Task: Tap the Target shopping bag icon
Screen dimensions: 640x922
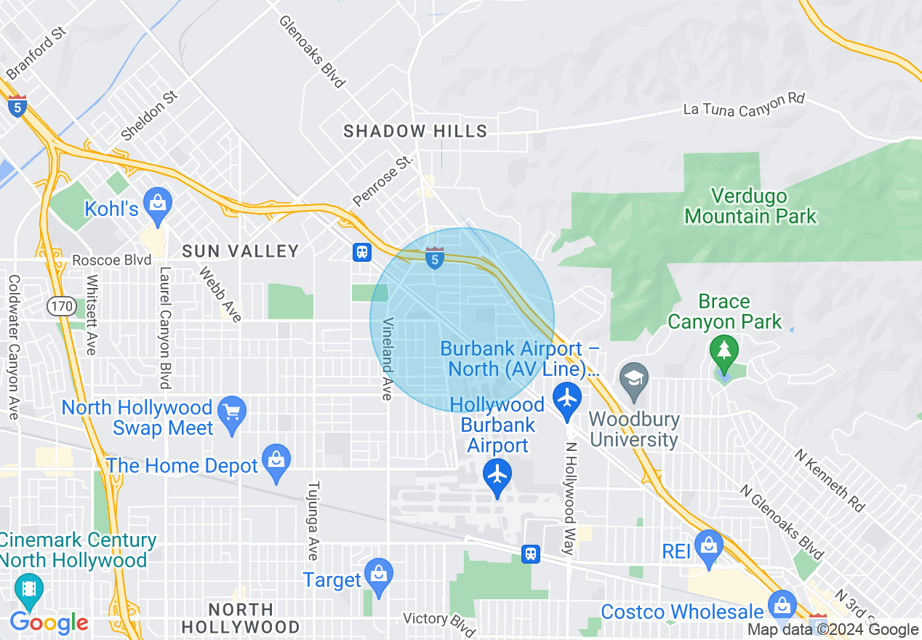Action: click(378, 572)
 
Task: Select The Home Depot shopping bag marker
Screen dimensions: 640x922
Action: click(276, 460)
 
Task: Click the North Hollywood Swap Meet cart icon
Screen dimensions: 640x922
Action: click(232, 412)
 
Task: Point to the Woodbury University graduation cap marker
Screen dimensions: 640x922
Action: click(634, 379)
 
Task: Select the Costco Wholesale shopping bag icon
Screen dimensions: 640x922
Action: click(782, 604)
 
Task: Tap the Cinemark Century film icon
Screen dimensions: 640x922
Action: click(28, 589)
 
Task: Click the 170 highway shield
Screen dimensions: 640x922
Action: click(61, 307)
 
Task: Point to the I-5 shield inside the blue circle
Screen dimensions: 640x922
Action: click(435, 257)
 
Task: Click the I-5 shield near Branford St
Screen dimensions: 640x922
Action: click(17, 106)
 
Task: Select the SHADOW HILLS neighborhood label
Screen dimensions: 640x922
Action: click(415, 131)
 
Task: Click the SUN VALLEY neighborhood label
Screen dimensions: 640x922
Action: click(240, 251)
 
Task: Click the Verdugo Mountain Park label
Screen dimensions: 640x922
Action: click(750, 206)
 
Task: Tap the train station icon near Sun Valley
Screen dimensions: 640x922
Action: click(361, 252)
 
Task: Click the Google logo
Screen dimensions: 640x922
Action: click(49, 623)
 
